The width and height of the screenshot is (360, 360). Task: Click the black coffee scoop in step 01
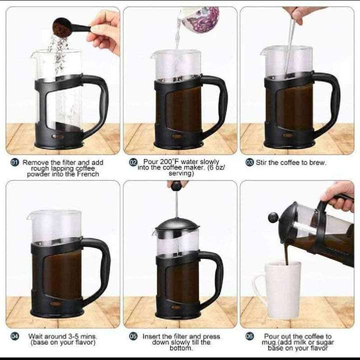pos(69,27)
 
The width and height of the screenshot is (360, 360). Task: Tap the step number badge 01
pos(14,163)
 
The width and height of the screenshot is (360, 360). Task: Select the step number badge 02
pos(133,162)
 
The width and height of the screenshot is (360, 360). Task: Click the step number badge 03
pos(249,162)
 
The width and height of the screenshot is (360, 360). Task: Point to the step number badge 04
pos(14,336)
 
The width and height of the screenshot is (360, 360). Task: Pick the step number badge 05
pos(133,336)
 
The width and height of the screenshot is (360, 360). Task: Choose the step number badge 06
pos(249,336)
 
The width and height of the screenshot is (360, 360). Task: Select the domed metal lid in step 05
pos(177,224)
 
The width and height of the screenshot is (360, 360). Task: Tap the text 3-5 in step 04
pos(73,336)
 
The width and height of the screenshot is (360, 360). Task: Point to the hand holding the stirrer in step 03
pos(301,14)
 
